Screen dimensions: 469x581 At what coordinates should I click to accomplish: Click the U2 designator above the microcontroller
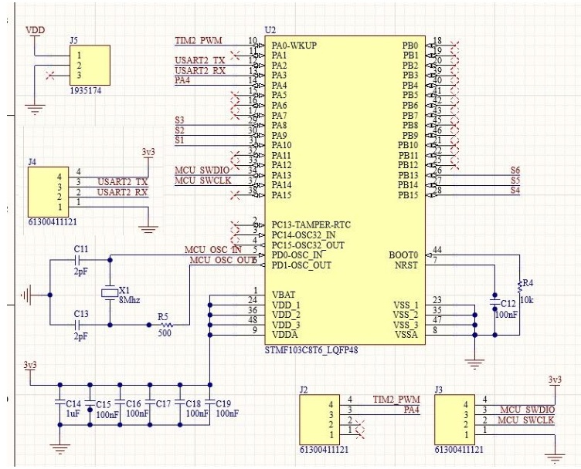pyautogui.click(x=270, y=29)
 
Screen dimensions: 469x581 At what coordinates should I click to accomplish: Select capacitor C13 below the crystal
pyautogui.click(x=80, y=325)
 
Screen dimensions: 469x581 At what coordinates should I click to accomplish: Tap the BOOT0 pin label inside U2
pyautogui.click(x=406, y=255)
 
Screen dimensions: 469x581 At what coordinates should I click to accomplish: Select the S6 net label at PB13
pyautogui.click(x=516, y=170)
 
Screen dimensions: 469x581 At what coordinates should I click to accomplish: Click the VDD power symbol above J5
pyautogui.click(x=36, y=30)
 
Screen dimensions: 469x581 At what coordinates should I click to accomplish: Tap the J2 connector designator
pyautogui.click(x=304, y=390)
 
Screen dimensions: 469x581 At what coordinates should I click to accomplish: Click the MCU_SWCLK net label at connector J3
pyautogui.click(x=527, y=420)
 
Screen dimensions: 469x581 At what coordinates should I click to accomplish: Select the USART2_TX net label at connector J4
pyautogui.click(x=122, y=182)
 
